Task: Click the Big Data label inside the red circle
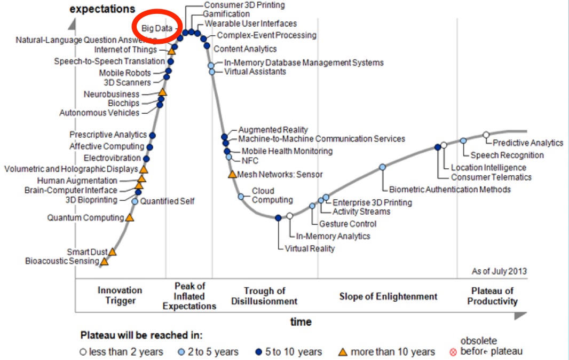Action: pos(157,27)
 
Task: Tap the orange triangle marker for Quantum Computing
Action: pos(129,218)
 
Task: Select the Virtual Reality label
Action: pos(310,248)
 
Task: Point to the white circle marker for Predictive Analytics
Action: pos(486,135)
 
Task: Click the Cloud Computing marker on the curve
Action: pos(241,196)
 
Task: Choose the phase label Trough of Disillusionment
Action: pos(264,296)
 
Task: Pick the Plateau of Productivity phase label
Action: pos(493,296)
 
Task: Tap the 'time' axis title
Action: pos(301,322)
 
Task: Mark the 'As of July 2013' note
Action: pos(499,271)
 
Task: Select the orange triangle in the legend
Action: pos(344,352)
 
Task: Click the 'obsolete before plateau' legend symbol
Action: pos(454,352)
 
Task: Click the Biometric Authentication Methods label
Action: pos(450,189)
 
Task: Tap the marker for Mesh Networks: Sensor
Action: pos(232,174)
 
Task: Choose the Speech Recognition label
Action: pos(507,155)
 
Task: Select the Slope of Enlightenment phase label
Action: pos(388,296)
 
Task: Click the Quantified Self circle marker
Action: pos(135,201)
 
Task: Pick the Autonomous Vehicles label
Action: pos(99,113)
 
